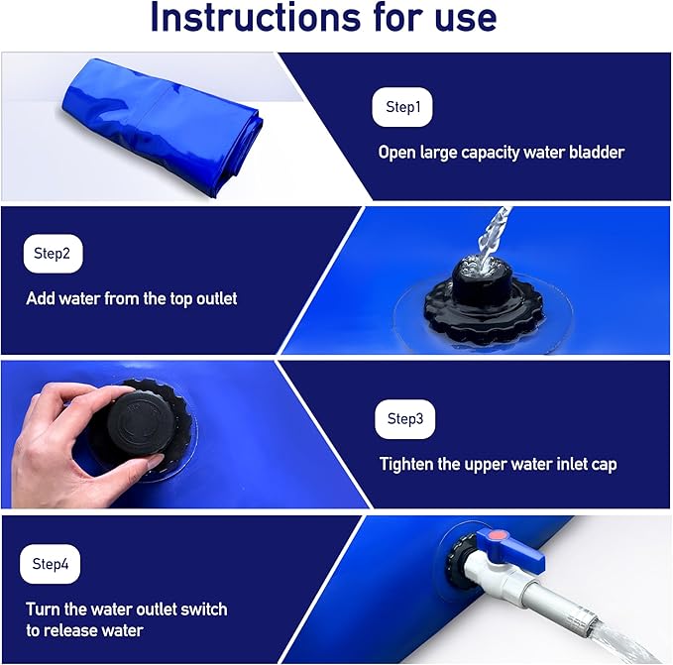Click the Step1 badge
[401, 107]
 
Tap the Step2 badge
[53, 254]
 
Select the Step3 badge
[404, 419]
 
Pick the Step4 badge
[50, 564]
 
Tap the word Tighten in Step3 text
[409, 464]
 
